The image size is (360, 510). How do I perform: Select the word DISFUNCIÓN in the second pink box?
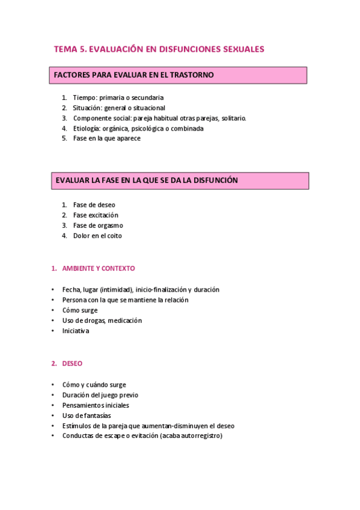click(x=213, y=180)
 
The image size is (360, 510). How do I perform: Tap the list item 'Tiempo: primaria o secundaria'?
click(x=118, y=97)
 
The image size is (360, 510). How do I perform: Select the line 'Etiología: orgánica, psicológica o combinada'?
click(x=138, y=128)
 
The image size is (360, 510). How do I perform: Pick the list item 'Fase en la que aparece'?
click(x=106, y=138)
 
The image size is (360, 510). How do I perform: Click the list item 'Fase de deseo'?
click(x=94, y=205)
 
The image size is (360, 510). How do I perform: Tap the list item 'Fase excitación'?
click(x=96, y=215)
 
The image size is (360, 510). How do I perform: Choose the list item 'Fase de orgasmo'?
click(x=98, y=226)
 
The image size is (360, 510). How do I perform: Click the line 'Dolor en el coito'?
click(x=97, y=236)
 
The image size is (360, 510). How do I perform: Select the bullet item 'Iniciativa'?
click(x=76, y=331)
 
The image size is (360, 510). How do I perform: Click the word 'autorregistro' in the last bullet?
click(x=201, y=436)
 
